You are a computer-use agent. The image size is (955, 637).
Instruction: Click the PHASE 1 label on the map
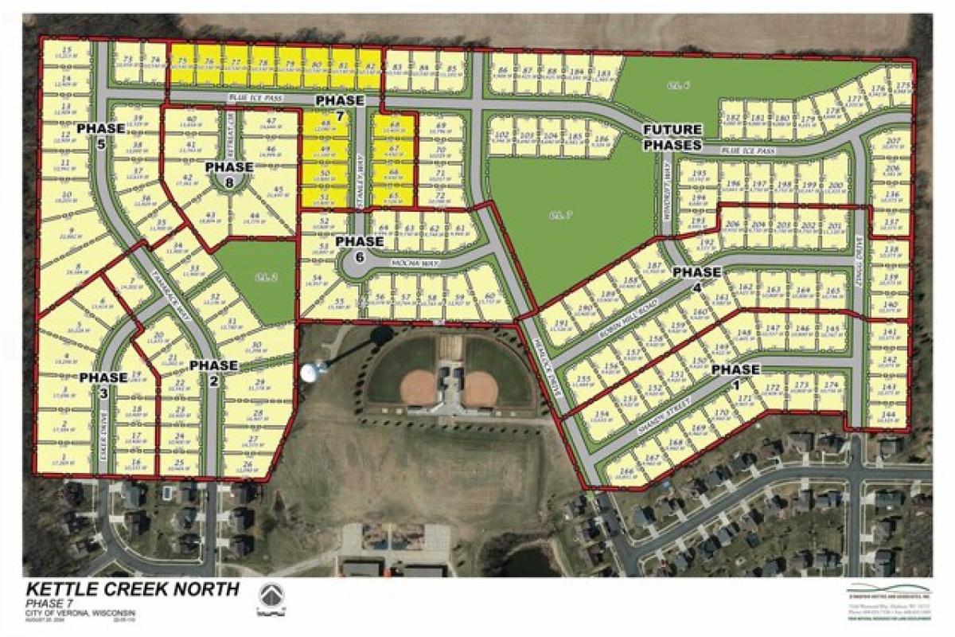[735, 369]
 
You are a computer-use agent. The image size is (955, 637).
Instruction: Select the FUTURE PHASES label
[672, 137]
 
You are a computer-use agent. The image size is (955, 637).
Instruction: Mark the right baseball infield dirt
[480, 389]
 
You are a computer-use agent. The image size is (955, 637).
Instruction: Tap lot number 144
[891, 415]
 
